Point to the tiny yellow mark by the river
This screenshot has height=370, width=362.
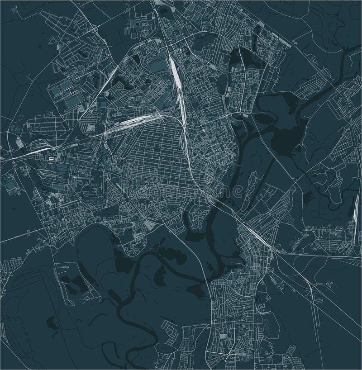point(159,245)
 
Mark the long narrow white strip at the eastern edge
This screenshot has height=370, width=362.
point(353,219)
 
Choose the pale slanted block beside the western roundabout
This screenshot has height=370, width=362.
point(19,143)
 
